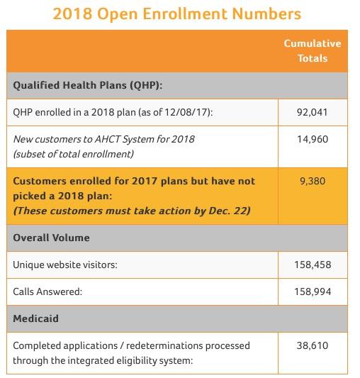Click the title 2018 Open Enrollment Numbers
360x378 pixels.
pyautogui.click(x=177, y=13)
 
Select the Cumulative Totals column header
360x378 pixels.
pyautogui.click(x=313, y=51)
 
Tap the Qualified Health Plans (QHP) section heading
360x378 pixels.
pyautogui.click(x=88, y=86)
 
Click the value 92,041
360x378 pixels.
pyautogui.click(x=313, y=112)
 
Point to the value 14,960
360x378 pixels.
pyautogui.click(x=313, y=139)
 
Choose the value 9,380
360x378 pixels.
pyautogui.click(x=313, y=181)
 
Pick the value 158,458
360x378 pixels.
pyautogui.click(x=313, y=265)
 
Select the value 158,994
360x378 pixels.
pyautogui.click(x=313, y=291)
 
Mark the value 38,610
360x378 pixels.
pyautogui.click(x=313, y=345)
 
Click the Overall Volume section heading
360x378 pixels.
pyautogui.click(x=51, y=238)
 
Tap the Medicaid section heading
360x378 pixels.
pyautogui.click(x=35, y=318)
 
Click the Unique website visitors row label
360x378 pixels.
pyautogui.click(x=65, y=265)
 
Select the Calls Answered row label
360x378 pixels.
pyautogui.click(x=47, y=291)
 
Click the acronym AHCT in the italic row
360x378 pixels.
pyautogui.click(x=107, y=139)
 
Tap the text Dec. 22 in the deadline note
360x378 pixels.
pyautogui.click(x=227, y=211)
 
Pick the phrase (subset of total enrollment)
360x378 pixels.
pyautogui.click(x=74, y=154)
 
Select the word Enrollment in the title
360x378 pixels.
pyautogui.click(x=184, y=13)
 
